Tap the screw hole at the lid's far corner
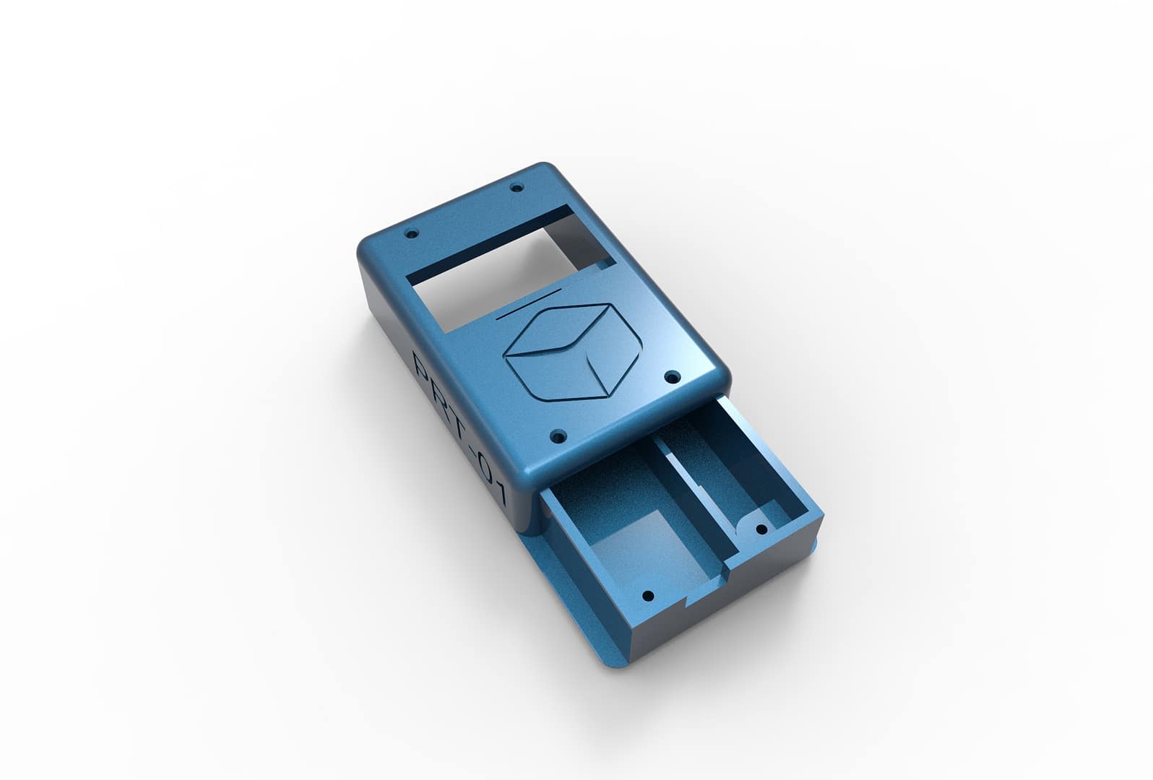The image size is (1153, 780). coord(516,188)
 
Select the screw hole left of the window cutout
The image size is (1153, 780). coord(413,234)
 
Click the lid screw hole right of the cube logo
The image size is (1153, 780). coord(671,376)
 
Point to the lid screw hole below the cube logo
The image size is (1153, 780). coord(558,437)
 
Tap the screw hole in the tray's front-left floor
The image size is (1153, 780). coord(647,597)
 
